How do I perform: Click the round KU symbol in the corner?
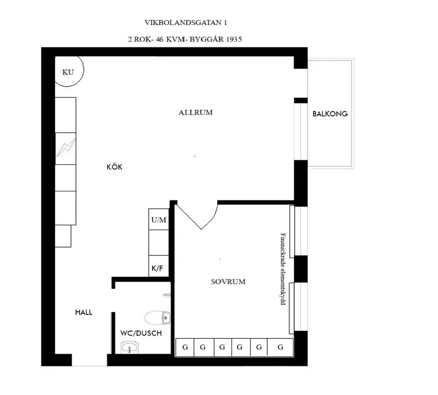tap(68, 72)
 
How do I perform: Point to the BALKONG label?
tap(330, 113)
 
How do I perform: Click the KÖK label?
tap(114, 167)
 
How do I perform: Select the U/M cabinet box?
tap(159, 220)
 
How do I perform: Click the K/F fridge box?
tap(158, 269)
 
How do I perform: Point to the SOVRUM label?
tap(228, 282)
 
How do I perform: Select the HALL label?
tap(83, 312)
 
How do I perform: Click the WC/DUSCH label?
tap(141, 333)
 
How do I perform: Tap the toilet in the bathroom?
tap(158, 317)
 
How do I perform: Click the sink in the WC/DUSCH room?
tap(130, 347)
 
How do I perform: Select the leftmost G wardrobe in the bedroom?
tap(185, 347)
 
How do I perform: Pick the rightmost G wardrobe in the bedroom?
tap(280, 347)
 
